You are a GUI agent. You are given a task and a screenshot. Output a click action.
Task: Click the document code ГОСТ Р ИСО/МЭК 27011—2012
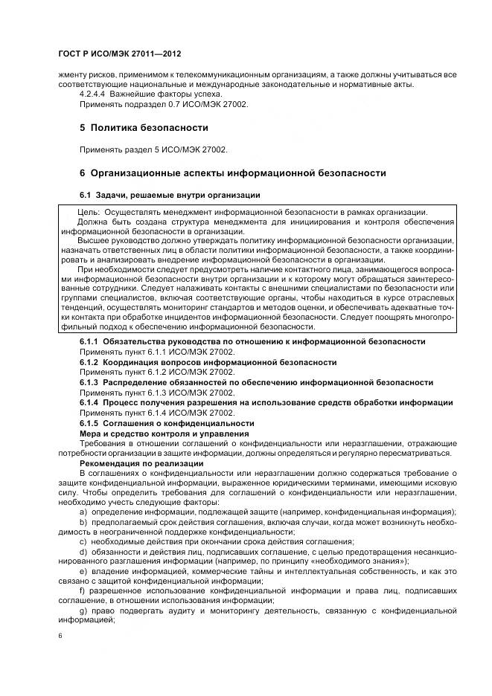coord(119,54)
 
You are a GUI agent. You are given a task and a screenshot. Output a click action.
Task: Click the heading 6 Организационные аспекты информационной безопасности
coord(232,173)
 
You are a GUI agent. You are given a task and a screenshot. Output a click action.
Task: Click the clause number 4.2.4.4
coord(94,94)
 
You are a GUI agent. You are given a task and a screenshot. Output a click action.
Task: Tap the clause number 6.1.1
coord(91,341)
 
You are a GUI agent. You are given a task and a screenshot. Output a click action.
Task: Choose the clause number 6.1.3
coord(91,382)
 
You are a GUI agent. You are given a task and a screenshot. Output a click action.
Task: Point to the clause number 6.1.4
coord(91,402)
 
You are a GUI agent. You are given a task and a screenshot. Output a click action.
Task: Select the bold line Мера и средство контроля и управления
coord(164,434)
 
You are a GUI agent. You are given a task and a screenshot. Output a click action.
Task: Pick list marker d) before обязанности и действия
coord(83,551)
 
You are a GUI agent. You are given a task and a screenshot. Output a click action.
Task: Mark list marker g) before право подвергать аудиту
coord(83,610)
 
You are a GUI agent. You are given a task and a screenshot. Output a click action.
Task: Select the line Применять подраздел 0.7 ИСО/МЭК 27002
coord(164,105)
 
